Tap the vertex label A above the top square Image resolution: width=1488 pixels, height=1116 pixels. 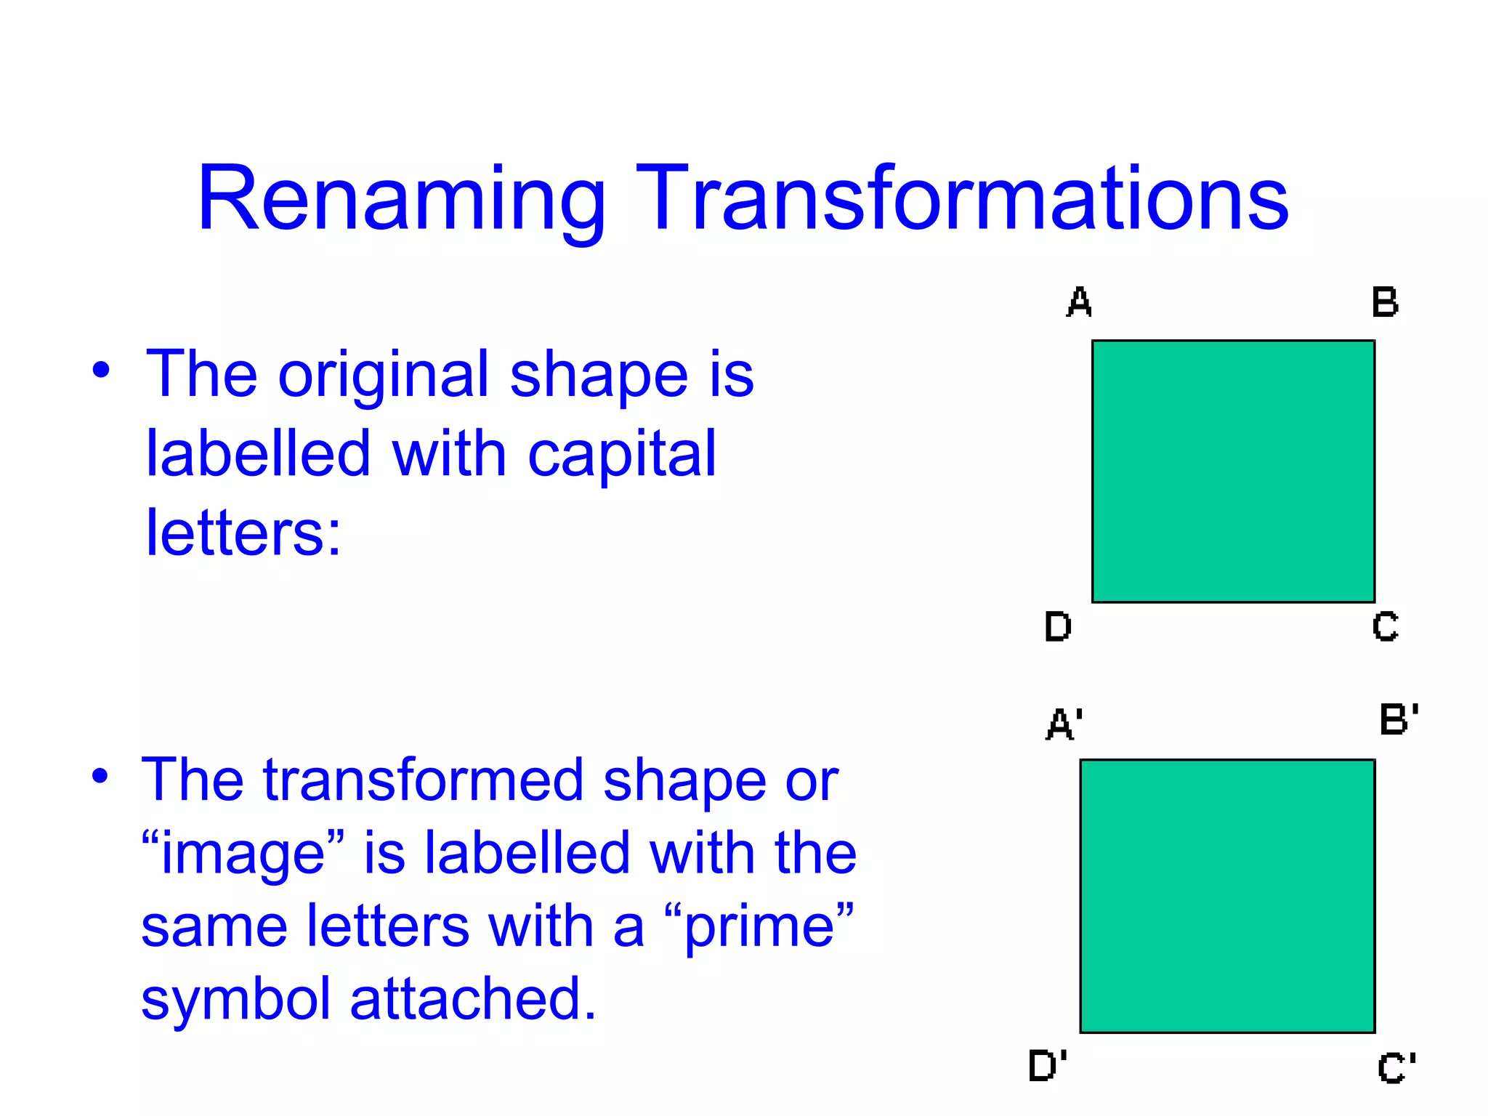(x=1079, y=302)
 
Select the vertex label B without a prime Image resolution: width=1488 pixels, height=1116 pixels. (x=1385, y=302)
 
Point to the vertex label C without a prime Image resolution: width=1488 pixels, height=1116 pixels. (x=1385, y=626)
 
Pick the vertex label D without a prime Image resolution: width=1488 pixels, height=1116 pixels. (x=1058, y=626)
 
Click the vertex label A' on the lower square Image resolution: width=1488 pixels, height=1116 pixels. (x=1064, y=724)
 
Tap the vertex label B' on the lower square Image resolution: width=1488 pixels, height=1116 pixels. (x=1399, y=719)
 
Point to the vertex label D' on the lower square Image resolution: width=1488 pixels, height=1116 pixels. (x=1048, y=1066)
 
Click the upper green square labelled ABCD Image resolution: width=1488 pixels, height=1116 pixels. (x=1233, y=471)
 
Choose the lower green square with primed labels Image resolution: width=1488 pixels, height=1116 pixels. (x=1227, y=896)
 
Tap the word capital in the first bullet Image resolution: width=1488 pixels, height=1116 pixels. (x=622, y=455)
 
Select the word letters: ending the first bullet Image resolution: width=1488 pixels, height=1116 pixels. (x=243, y=533)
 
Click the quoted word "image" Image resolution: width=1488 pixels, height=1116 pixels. (x=243, y=854)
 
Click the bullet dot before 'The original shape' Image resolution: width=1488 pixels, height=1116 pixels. (x=101, y=369)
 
